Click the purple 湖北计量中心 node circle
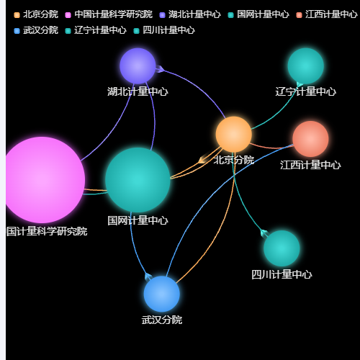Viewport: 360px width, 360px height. pyautogui.click(x=138, y=66)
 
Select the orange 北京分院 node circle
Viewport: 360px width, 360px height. pyautogui.click(x=234, y=135)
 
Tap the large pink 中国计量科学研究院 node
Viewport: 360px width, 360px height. pyautogui.click(x=42, y=180)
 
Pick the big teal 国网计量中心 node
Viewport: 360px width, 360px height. pyautogui.click(x=138, y=180)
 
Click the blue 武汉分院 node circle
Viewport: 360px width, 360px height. pyautogui.click(x=162, y=294)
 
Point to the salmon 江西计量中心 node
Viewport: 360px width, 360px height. pyautogui.click(x=310, y=139)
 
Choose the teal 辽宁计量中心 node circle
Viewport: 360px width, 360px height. pyautogui.click(x=306, y=66)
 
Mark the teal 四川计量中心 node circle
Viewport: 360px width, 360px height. pyautogui.click(x=282, y=248)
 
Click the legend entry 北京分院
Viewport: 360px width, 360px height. pyautogui.click(x=36, y=14)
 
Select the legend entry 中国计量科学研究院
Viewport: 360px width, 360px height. pyautogui.click(x=109, y=14)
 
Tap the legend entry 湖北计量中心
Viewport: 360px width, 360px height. pyautogui.click(x=190, y=14)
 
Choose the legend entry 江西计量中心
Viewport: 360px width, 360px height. pyautogui.click(x=327, y=14)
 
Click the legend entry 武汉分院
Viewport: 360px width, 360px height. pyautogui.click(x=36, y=30)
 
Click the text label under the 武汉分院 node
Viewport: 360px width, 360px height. pyautogui.click(x=162, y=320)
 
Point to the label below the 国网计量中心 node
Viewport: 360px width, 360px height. pyautogui.click(x=138, y=220)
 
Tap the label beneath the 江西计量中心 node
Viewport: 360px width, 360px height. pyautogui.click(x=310, y=165)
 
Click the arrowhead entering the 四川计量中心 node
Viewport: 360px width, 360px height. pyautogui.click(x=264, y=233)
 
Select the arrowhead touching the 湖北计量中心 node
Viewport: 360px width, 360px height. pyautogui.click(x=160, y=69)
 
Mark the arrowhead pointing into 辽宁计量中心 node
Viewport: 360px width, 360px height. pyautogui.click(x=300, y=84)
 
